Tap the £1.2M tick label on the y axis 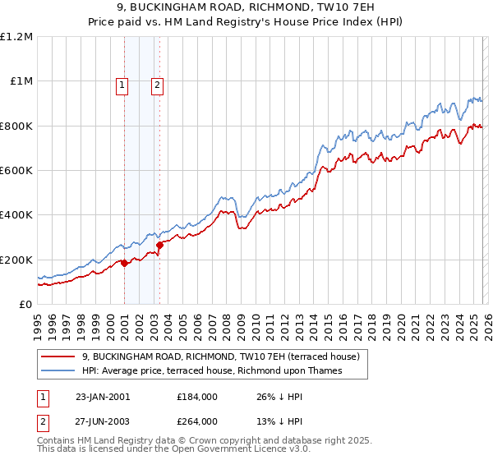pyautogui.click(x=16, y=37)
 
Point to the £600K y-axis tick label pyautogui.click(x=16, y=171)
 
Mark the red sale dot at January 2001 pyautogui.click(x=124, y=263)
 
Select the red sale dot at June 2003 pyautogui.click(x=159, y=245)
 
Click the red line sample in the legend pyautogui.click(x=58, y=357)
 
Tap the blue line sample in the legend pyautogui.click(x=58, y=371)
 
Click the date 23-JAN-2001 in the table pyautogui.click(x=103, y=397)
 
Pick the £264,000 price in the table pyautogui.click(x=197, y=423)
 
